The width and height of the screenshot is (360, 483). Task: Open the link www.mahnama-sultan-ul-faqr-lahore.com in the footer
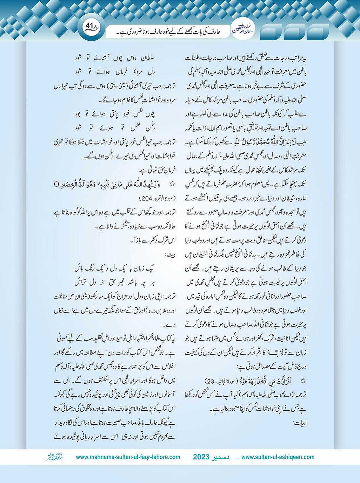tap(128, 457)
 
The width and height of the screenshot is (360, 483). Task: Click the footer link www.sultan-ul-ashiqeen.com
tap(278, 457)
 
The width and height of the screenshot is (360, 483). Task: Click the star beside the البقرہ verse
tap(172, 184)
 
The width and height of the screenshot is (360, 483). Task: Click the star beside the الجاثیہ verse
tap(303, 381)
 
